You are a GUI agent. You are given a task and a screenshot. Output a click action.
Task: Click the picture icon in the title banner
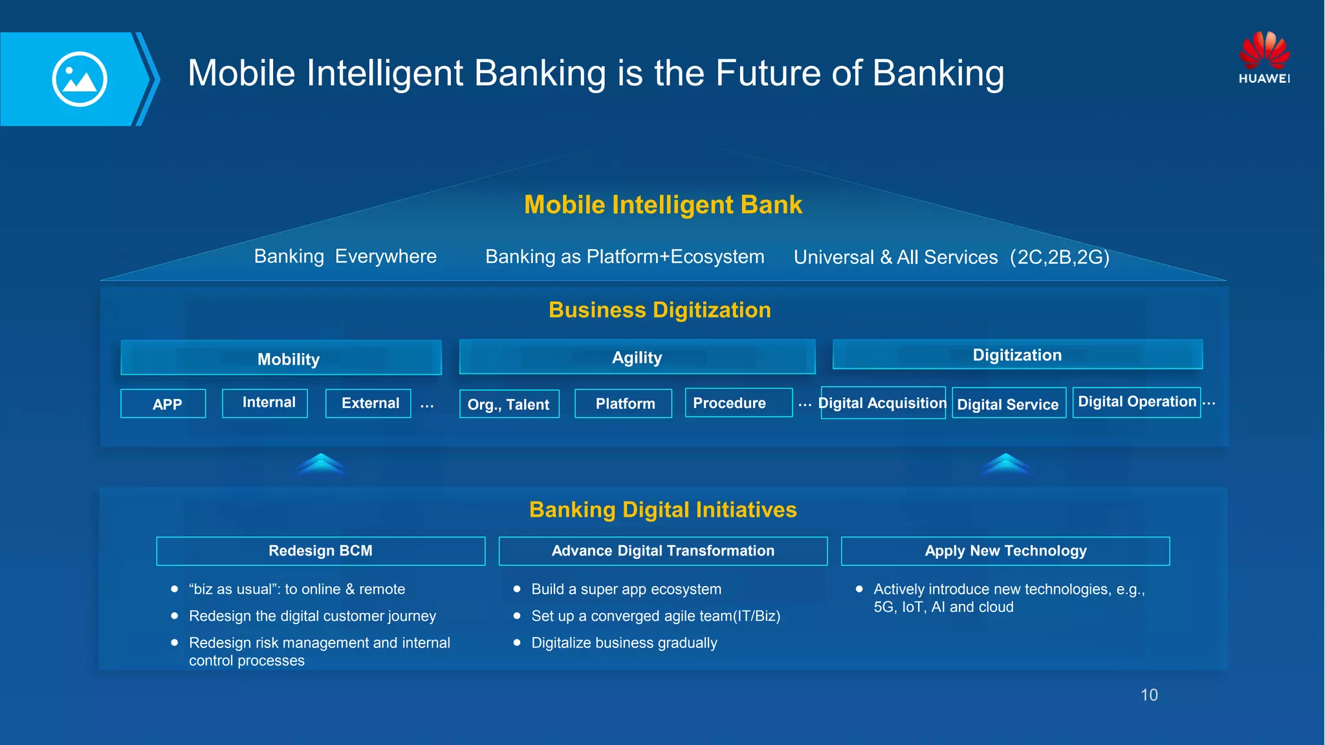80,79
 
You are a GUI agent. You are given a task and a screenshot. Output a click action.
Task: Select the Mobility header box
281,358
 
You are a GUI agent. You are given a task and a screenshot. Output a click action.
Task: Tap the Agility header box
637,357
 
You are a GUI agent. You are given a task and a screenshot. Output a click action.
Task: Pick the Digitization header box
1017,354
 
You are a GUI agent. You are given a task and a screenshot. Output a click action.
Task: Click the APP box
164,404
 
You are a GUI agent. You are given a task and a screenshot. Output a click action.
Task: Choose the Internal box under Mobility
265,403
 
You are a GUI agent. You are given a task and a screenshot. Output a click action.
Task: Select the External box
368,404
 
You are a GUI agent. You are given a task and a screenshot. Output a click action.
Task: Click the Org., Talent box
509,404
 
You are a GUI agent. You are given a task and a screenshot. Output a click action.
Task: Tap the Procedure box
738,403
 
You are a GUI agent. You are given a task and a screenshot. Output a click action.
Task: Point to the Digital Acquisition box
883,403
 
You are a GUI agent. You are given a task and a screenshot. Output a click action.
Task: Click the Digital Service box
1009,404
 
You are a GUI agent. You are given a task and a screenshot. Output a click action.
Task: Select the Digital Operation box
1137,402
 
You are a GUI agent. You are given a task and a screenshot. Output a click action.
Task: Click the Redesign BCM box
321,551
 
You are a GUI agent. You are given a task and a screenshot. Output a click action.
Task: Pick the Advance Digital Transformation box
663,551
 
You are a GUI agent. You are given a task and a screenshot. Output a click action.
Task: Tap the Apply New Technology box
1005,551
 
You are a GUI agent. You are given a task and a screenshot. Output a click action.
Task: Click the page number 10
1149,695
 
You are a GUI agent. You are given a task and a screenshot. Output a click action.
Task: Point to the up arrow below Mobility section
322,464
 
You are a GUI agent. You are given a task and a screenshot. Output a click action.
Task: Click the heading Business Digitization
660,310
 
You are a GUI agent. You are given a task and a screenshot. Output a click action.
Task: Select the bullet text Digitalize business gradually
624,643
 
